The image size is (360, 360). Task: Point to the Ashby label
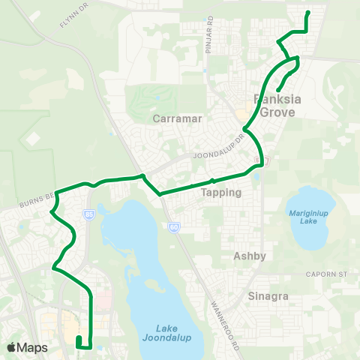(250, 256)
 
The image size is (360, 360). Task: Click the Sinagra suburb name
(268, 296)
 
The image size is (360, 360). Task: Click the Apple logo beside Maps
(12, 347)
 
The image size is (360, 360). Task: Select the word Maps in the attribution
(32, 347)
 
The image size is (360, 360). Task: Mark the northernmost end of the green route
(308, 13)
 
